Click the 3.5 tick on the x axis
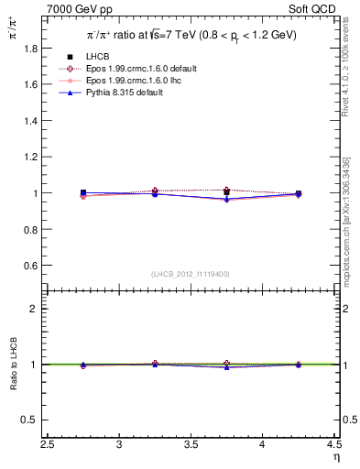point(191,445)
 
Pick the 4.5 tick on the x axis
point(334,445)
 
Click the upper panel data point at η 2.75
point(83,193)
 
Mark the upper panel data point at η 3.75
point(226,192)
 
